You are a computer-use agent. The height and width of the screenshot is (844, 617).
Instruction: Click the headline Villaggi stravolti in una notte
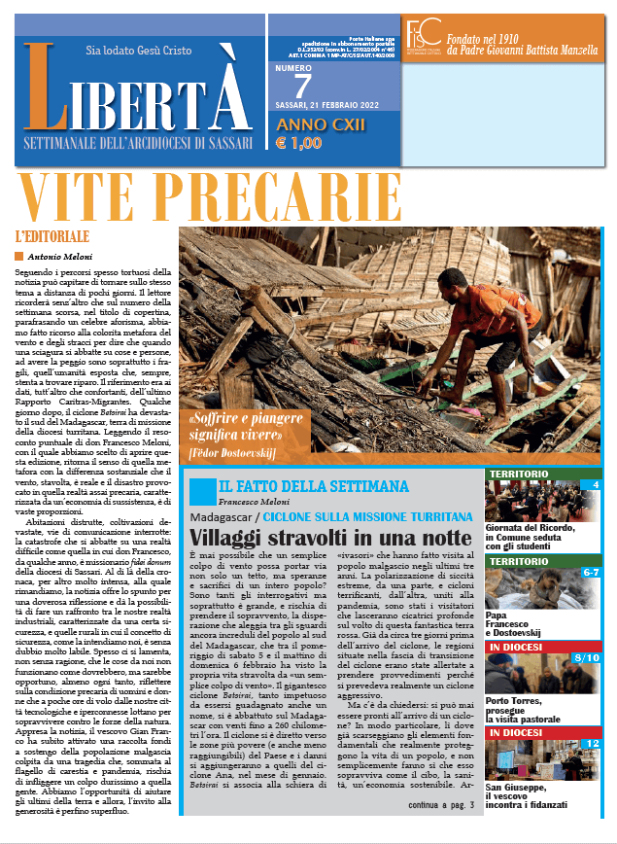click(317, 537)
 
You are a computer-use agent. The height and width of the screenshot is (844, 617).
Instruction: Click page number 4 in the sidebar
click(595, 484)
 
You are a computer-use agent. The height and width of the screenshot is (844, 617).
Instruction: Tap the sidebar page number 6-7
click(590, 573)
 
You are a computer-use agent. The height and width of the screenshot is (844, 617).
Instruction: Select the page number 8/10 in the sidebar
click(588, 659)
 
